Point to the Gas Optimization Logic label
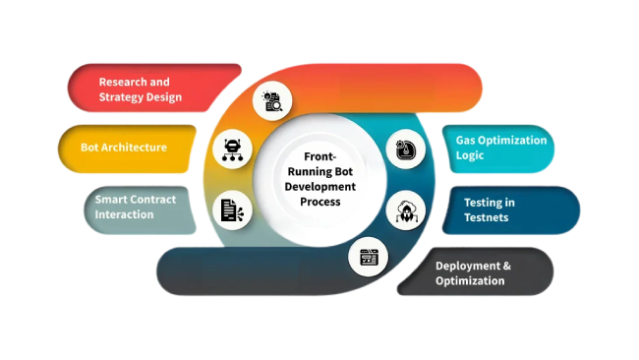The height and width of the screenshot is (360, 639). coord(500,148)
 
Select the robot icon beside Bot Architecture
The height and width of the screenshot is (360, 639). coord(233,150)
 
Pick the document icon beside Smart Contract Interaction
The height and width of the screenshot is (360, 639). coord(233,209)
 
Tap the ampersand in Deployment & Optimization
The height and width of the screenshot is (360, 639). coord(507,265)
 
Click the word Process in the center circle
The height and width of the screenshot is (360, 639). coord(320,202)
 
